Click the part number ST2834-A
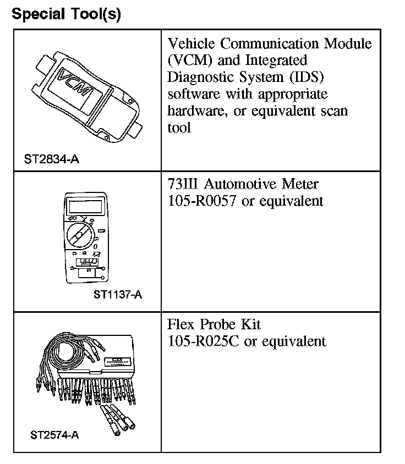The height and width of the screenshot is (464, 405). coord(52,159)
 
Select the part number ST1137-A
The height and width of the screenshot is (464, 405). coord(118,294)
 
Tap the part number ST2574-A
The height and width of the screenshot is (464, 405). coord(54,435)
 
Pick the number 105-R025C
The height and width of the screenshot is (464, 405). coord(202,341)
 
